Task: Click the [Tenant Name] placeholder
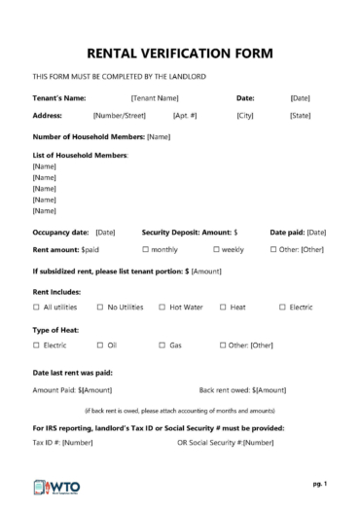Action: pos(154,98)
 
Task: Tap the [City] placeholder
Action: pos(244,116)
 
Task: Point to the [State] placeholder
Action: pos(300,116)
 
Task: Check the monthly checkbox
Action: pos(146,250)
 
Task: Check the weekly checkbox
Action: pos(217,250)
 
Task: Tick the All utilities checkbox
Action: pos(37,308)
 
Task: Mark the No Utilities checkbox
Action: pos(100,308)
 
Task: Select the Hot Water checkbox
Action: pos(162,308)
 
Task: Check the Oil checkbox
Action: pos(100,345)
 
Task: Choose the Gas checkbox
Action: pos(162,345)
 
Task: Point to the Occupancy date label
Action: pos(61,233)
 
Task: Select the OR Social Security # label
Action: pos(209,443)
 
